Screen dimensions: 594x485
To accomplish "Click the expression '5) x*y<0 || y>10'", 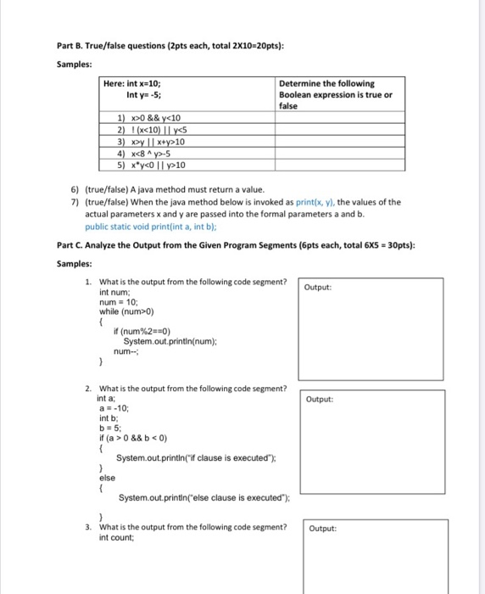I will pos(150,165).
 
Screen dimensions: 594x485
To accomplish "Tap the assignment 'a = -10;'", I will pos(113,407).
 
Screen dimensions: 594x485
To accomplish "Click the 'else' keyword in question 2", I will pos(107,478).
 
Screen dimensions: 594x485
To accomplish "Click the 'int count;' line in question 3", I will pos(116,537).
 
